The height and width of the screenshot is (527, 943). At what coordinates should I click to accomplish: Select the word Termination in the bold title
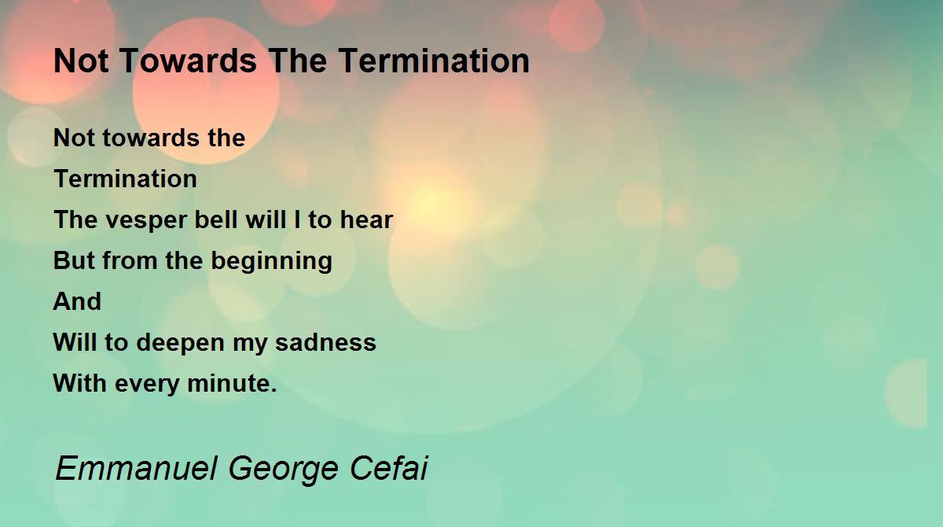click(434, 61)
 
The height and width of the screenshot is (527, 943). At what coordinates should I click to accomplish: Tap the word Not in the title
click(81, 61)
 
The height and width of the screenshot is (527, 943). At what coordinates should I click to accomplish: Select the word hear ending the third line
click(366, 219)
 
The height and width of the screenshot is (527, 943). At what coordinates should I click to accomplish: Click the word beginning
click(272, 262)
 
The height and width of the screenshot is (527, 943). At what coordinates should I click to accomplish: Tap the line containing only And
click(78, 301)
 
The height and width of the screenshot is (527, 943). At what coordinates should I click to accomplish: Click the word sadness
click(325, 342)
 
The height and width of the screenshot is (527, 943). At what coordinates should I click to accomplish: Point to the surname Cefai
click(389, 468)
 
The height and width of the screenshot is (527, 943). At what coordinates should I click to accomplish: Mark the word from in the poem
click(130, 260)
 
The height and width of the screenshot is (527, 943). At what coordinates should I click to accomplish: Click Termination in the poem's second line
click(126, 179)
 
